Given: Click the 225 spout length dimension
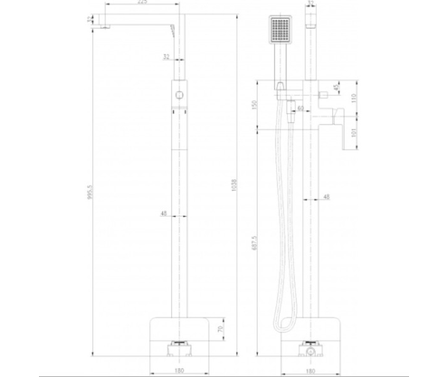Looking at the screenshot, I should [x=142, y=5].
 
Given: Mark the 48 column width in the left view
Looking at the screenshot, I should [x=164, y=213].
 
